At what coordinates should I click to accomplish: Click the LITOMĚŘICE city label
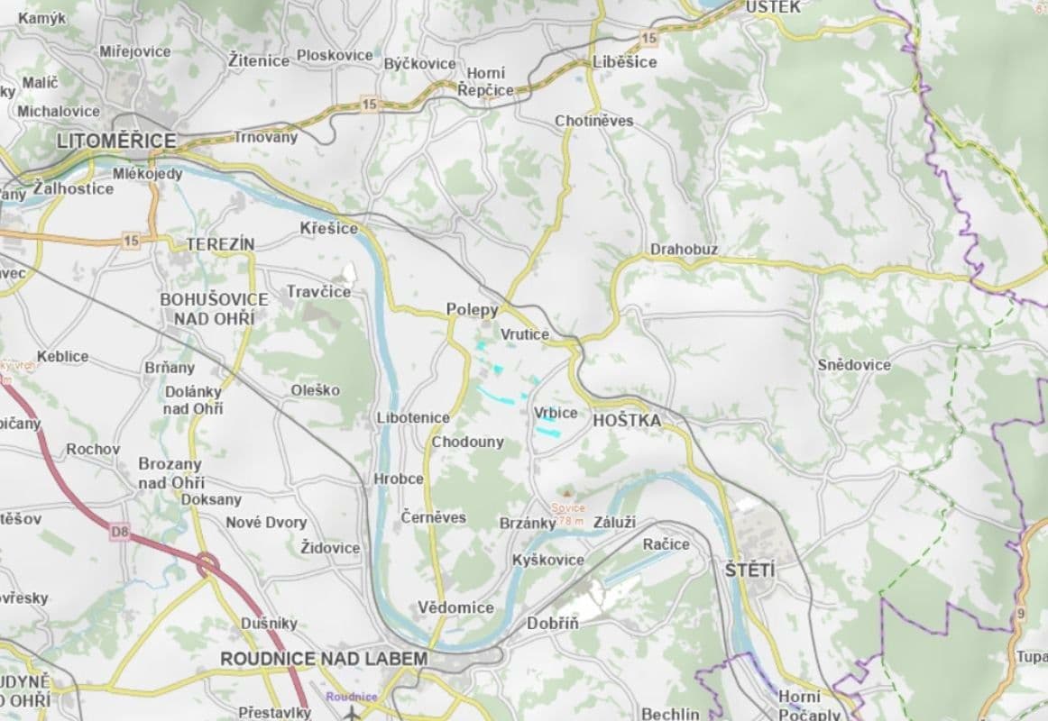pyautogui.click(x=115, y=141)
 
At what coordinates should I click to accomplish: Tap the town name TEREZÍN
pyautogui.click(x=220, y=244)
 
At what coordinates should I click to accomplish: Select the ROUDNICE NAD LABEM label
pyautogui.click(x=324, y=659)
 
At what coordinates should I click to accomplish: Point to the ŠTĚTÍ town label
pyautogui.click(x=749, y=570)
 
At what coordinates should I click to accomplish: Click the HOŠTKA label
pyautogui.click(x=626, y=420)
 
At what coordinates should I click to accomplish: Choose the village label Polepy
pyautogui.click(x=472, y=310)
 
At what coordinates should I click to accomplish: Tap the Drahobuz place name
pyautogui.click(x=684, y=249)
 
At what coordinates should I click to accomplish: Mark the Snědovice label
pyautogui.click(x=853, y=365)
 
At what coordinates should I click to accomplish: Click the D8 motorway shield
pyautogui.click(x=120, y=533)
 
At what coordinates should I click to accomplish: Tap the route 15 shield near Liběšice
pyautogui.click(x=648, y=37)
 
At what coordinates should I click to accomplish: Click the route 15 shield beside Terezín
pyautogui.click(x=132, y=241)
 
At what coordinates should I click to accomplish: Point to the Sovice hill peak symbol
pyautogui.click(x=567, y=493)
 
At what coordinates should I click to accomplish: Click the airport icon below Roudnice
pyautogui.click(x=352, y=712)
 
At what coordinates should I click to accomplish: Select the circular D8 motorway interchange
pyautogui.click(x=208, y=565)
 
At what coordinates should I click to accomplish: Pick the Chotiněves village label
pyautogui.click(x=593, y=121)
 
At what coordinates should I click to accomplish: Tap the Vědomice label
pyautogui.click(x=455, y=607)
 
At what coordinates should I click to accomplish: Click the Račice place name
pyautogui.click(x=666, y=544)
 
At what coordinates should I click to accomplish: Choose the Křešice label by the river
pyautogui.click(x=328, y=229)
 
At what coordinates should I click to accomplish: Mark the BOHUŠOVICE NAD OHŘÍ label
pyautogui.click(x=214, y=308)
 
